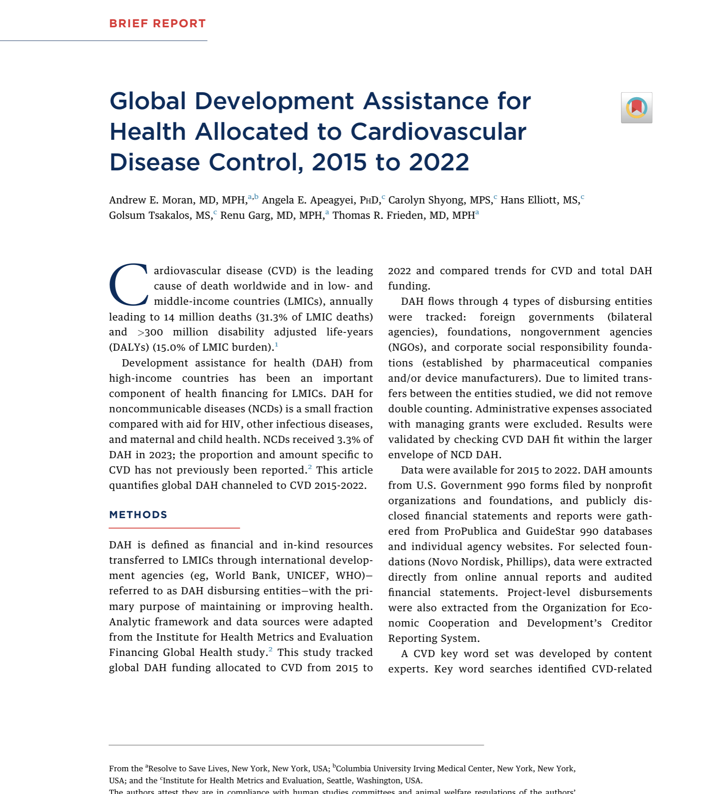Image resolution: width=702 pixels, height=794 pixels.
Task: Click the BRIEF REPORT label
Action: coord(157,24)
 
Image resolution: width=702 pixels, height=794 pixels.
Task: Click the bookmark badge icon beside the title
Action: coord(636,108)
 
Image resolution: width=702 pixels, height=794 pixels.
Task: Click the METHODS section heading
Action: coord(138,515)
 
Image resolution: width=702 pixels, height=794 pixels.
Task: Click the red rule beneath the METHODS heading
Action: coord(174,528)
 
